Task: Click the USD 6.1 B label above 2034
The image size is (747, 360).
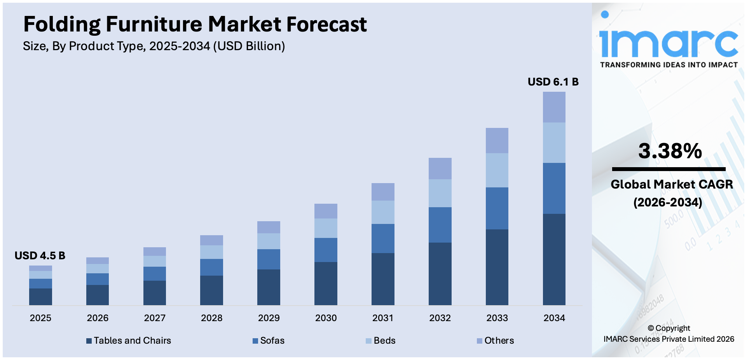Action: [553, 82]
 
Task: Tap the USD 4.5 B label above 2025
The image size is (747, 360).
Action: [40, 256]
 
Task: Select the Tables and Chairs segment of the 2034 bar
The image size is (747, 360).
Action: [554, 259]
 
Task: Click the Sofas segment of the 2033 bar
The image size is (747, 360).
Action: [497, 208]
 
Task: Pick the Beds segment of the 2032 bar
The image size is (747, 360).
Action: [440, 193]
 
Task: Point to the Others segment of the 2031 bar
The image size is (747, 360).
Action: [383, 192]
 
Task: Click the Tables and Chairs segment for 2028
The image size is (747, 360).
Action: [211, 290]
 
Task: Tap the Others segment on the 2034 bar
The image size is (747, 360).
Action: [554, 107]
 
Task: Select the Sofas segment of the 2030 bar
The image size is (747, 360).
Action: [326, 250]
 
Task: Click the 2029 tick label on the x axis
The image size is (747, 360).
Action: [269, 318]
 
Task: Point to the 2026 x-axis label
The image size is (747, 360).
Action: [98, 318]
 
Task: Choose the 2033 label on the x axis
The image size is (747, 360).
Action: [497, 318]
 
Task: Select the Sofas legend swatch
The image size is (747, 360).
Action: [255, 341]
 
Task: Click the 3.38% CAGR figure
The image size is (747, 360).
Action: [670, 151]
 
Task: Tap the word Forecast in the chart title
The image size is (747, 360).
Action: [326, 24]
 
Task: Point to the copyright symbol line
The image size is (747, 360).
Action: [668, 328]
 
